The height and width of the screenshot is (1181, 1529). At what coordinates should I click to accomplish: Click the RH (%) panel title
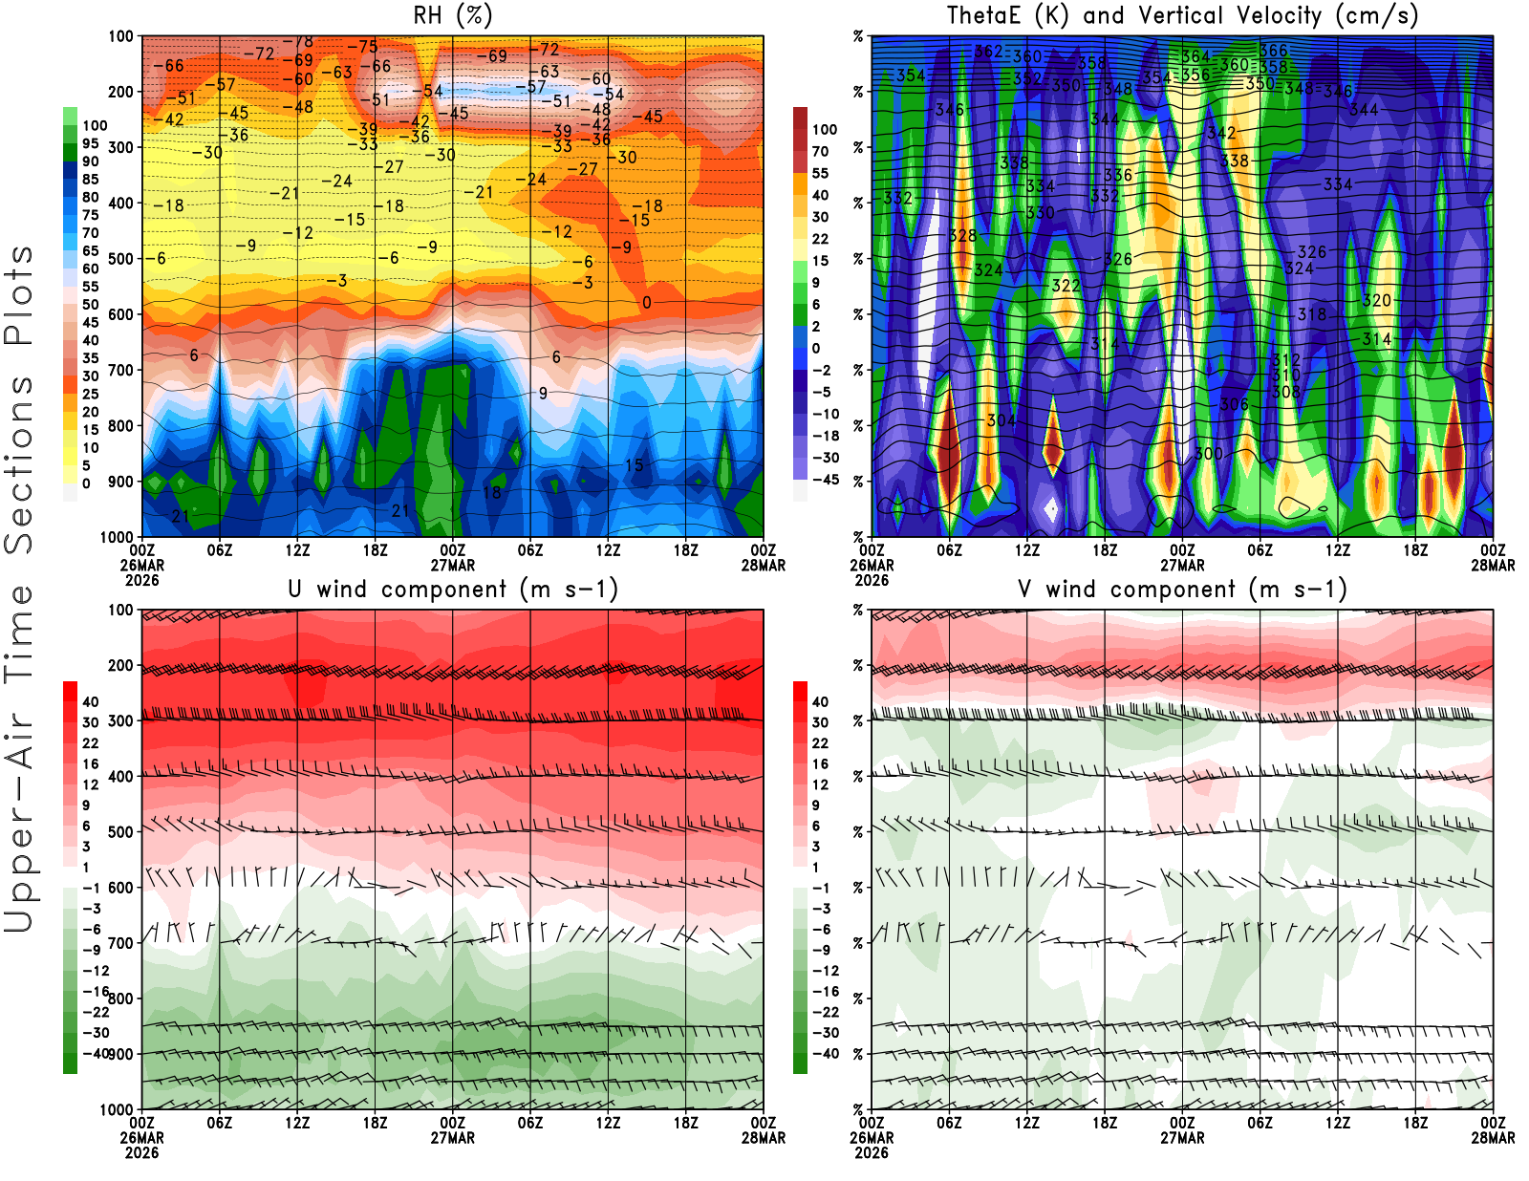453,15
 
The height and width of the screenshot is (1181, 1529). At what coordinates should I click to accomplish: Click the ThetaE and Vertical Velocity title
1182,15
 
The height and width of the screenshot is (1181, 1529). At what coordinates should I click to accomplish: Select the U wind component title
453,589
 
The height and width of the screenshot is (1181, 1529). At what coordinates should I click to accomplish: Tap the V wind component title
1182,589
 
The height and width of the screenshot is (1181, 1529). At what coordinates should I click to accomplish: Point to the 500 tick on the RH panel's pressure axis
120,259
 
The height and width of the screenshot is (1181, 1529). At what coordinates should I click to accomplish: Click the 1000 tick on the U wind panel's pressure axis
117,1109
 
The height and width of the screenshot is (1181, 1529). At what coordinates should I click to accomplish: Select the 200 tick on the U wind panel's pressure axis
120,665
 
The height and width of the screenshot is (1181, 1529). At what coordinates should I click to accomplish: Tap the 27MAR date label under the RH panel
453,565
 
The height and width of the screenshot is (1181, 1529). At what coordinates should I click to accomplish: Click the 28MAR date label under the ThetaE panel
1493,565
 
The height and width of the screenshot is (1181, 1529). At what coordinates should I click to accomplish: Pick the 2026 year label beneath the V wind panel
872,1152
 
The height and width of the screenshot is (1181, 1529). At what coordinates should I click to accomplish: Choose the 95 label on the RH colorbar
90,143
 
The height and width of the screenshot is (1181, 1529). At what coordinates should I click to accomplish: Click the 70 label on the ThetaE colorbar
820,151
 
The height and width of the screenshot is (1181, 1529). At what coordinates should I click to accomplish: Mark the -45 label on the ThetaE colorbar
824,480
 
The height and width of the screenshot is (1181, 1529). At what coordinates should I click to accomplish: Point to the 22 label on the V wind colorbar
820,743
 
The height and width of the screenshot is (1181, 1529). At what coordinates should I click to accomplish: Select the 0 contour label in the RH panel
647,303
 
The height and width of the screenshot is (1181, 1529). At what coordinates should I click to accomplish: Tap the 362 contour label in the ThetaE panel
988,52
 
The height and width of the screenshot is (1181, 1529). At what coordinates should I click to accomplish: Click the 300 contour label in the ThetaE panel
1209,454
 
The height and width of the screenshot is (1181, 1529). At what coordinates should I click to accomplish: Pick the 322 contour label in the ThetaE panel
1066,286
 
